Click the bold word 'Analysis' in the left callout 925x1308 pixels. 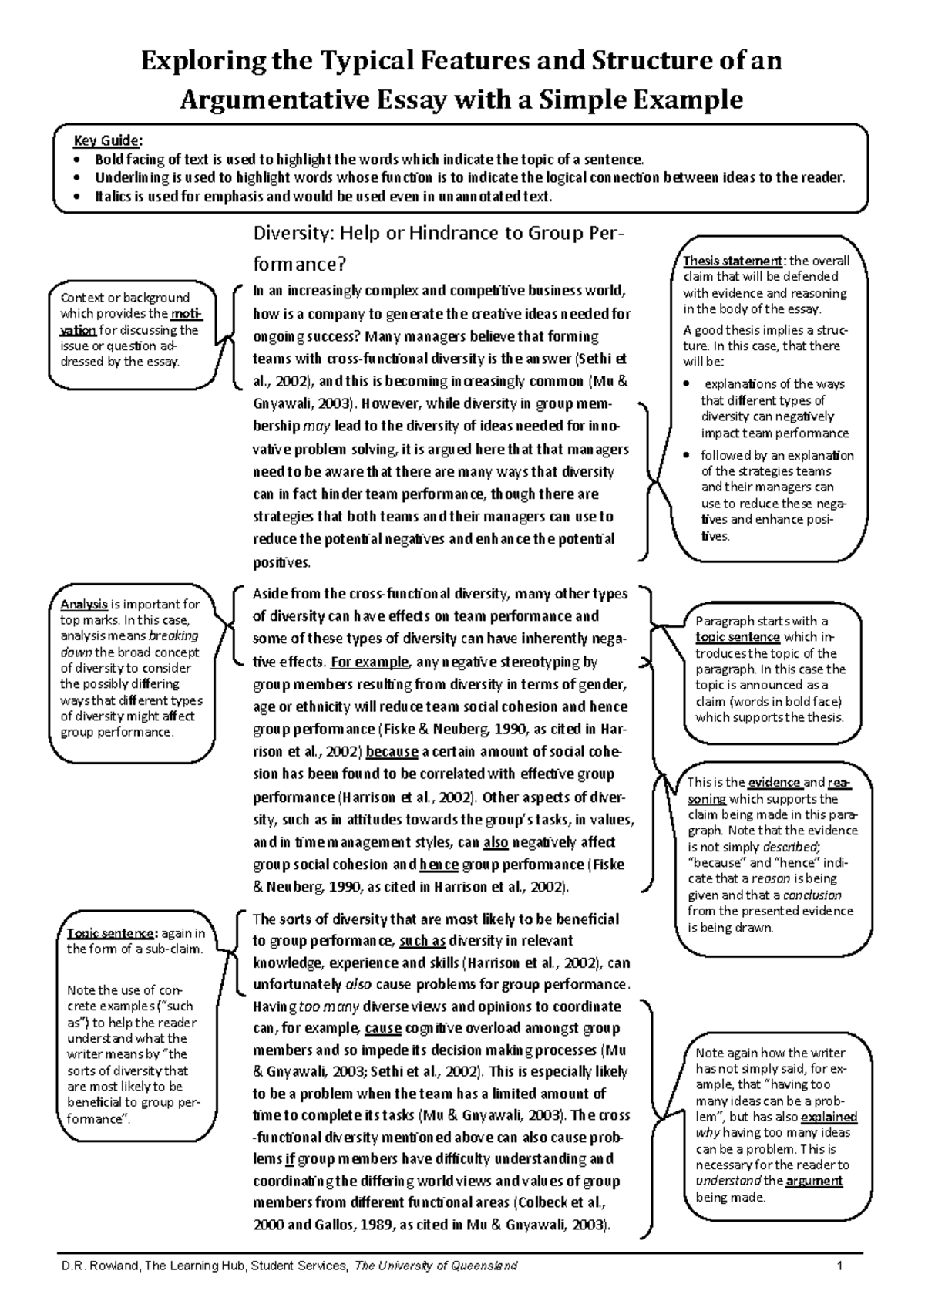(84, 605)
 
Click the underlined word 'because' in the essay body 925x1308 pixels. (392, 751)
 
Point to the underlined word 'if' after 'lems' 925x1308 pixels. (290, 1159)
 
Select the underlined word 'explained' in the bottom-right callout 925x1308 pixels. (829, 1117)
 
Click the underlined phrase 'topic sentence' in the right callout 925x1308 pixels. (738, 637)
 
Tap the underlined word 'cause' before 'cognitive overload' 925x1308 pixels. (382, 1028)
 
